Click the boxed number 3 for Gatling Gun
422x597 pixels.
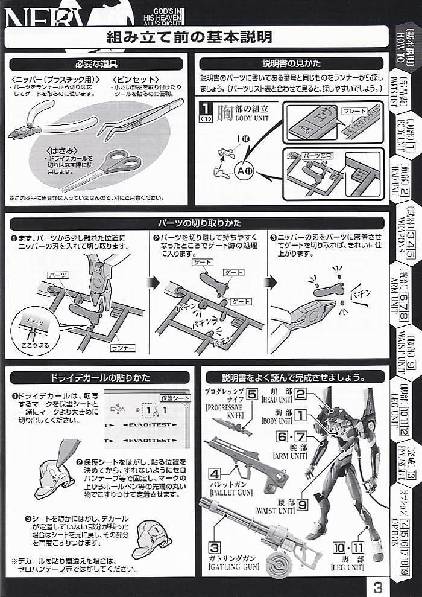click(213, 547)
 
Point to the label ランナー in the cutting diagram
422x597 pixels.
click(123, 349)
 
